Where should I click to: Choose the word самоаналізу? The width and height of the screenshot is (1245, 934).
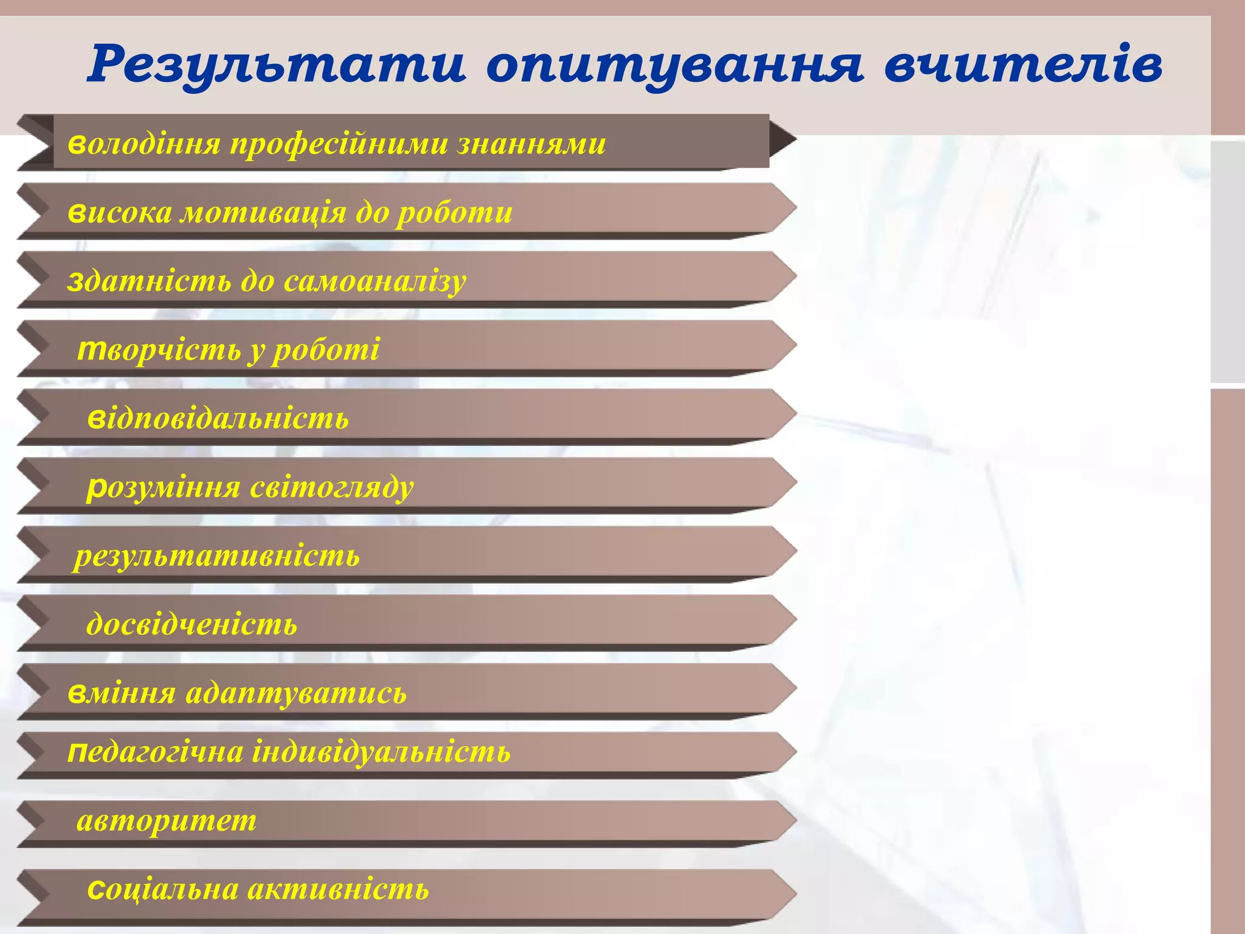tap(374, 282)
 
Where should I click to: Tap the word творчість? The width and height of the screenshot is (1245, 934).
tap(158, 349)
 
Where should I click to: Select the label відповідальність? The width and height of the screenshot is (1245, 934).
tap(218, 418)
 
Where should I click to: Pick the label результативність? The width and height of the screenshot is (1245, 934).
tap(217, 556)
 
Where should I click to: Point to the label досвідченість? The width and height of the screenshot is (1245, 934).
tap(192, 624)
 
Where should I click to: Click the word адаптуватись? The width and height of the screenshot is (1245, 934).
tap(296, 693)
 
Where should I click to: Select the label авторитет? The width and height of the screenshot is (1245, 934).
tap(167, 821)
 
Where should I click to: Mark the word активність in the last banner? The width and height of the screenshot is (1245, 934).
tap(339, 890)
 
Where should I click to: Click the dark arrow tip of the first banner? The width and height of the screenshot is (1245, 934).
tap(782, 140)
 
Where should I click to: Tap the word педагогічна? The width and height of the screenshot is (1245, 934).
tap(154, 753)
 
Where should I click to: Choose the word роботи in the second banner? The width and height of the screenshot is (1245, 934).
tap(455, 212)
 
